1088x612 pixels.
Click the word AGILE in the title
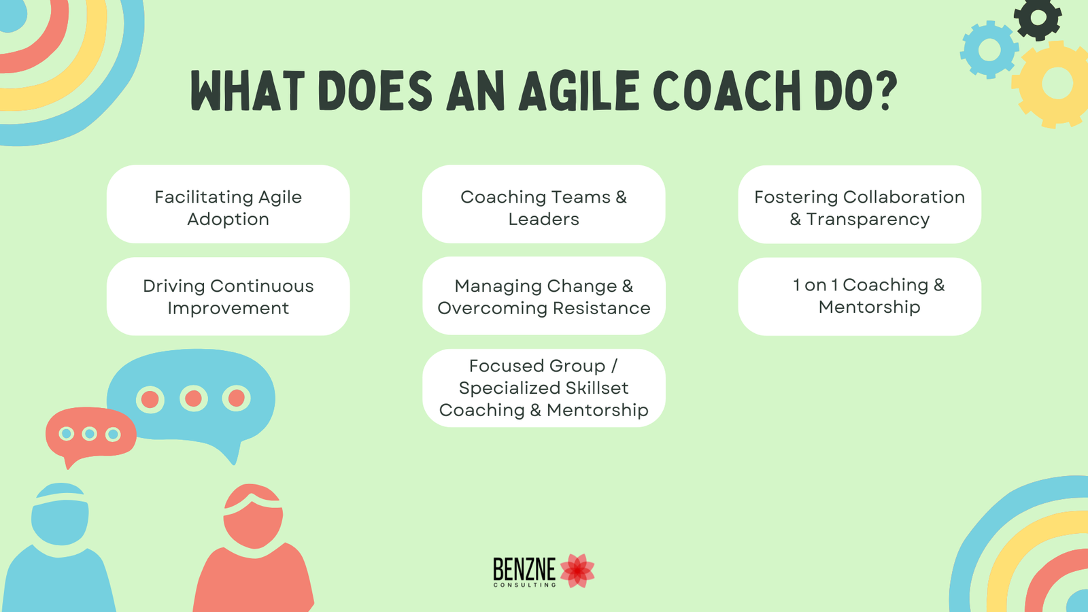pos(579,91)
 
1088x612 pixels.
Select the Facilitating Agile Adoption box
pos(228,204)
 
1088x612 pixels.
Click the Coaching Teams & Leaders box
pos(543,204)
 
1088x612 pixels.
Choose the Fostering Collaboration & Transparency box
pos(860,204)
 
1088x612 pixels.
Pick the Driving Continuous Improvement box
pos(228,296)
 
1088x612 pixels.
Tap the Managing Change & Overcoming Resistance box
pos(543,296)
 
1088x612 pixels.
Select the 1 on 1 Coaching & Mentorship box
pos(860,296)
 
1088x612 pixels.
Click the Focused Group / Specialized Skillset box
pos(543,388)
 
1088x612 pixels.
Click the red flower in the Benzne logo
pos(577,570)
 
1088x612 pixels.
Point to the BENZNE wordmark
pos(524,570)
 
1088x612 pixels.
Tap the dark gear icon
pos(1038,18)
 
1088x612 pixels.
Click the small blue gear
pos(989,50)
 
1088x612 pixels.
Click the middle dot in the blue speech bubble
pos(194,398)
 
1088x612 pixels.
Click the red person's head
pos(253,517)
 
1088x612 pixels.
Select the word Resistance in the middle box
pos(601,308)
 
